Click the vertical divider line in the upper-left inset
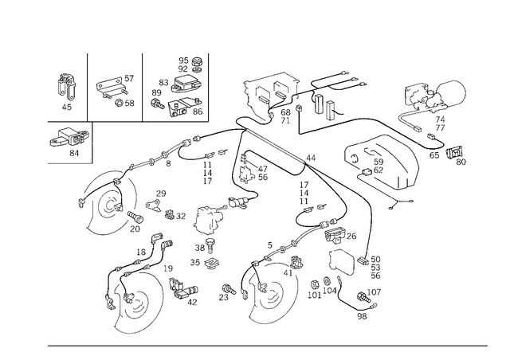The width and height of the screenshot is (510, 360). pyautogui.click(x=142, y=86)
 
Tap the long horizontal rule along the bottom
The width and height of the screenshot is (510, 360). pyautogui.click(x=267, y=346)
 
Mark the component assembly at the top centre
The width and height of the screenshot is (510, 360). pyautogui.click(x=275, y=96)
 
